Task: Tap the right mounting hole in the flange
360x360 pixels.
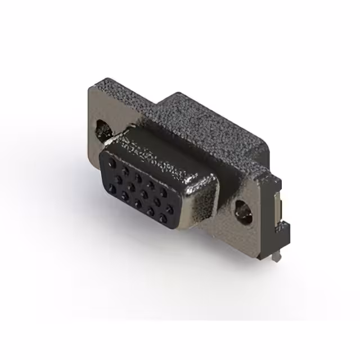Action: [244, 211]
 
